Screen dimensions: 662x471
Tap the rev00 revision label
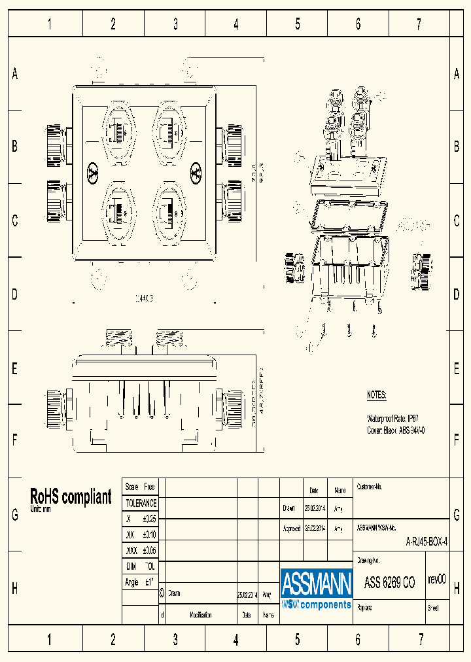436,579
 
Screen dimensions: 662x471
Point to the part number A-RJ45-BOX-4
427,542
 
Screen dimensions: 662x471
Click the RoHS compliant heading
71,496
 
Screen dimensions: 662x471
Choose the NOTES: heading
376,395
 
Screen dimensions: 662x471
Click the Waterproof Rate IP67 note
392,417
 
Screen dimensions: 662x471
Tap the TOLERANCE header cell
141,503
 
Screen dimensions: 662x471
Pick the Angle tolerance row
141,582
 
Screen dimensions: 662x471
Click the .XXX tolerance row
141,550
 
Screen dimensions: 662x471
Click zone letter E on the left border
14,368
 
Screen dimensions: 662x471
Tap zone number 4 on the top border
236,25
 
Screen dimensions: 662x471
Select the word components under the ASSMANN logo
325,604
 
